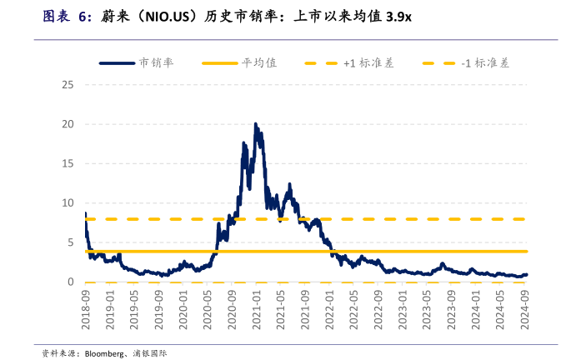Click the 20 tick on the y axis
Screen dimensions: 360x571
(68, 124)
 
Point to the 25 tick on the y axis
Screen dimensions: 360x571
(68, 85)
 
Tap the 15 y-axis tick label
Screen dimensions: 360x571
(68, 163)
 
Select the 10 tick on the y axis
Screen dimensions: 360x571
(68, 202)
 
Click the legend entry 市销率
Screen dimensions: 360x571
(156, 62)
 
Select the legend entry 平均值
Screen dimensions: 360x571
(259, 62)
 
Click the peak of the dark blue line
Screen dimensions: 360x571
(255, 123)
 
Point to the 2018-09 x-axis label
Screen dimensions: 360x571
(86, 308)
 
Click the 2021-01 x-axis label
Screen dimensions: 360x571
(258, 308)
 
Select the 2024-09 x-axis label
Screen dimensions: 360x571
(526, 308)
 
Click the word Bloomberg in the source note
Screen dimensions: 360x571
(106, 353)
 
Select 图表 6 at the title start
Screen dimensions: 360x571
(67, 17)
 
